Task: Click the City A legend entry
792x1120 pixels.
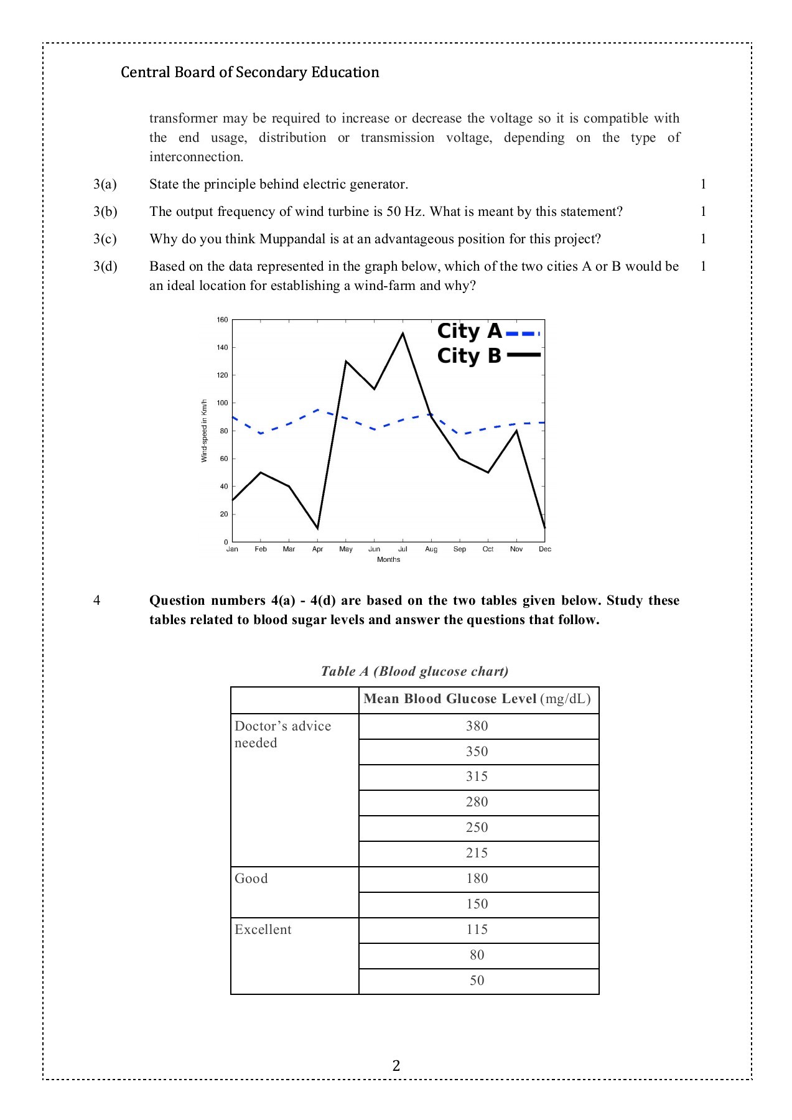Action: tap(488, 332)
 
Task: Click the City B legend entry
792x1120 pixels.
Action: tap(488, 356)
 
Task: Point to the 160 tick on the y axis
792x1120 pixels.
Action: tap(222, 320)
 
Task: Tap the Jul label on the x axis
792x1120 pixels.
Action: tap(403, 549)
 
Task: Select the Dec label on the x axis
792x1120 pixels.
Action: tap(545, 549)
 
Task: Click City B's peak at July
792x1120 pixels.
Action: tap(403, 334)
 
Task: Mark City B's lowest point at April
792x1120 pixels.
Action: tap(318, 528)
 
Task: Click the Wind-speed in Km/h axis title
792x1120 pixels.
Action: tap(203, 431)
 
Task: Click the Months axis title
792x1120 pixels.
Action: tap(388, 559)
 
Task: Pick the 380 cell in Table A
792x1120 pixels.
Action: tap(477, 726)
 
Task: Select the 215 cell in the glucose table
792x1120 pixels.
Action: tap(477, 853)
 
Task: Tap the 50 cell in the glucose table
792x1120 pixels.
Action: tap(477, 981)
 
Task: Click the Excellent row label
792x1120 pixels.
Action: tap(263, 930)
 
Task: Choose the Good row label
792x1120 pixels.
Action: tap(251, 879)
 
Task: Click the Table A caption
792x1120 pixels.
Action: tap(414, 671)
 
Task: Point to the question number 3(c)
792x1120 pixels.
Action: tap(105, 239)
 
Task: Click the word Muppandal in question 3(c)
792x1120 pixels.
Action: tap(292, 239)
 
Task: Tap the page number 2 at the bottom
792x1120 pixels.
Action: tap(396, 1066)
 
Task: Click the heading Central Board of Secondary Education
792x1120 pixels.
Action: tap(250, 72)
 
